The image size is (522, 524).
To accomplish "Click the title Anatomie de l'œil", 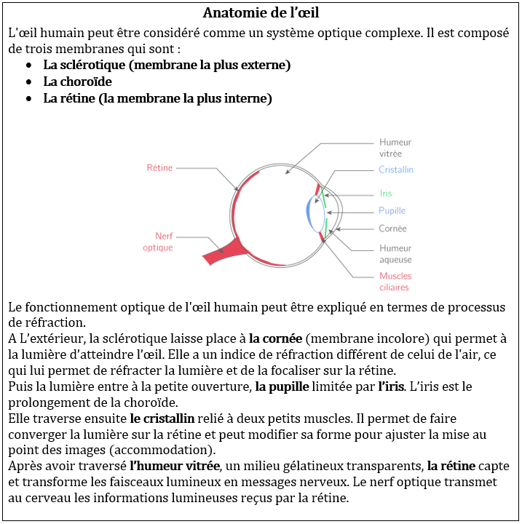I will pos(261,13).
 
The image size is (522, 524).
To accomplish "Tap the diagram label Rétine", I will pos(159,168).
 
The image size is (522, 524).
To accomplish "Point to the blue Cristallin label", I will pos(395,170).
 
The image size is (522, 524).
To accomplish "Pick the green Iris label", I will pos(386,194).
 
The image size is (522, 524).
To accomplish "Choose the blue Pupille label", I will pos(392,211).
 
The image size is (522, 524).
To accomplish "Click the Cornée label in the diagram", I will pos(392,229).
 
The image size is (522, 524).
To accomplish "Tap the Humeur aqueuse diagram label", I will pos(395,253).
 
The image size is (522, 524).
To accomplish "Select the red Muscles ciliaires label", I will pos(395,281).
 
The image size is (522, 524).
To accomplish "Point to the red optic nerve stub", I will pos(222,253).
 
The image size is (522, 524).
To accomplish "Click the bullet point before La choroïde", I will pos(28,82).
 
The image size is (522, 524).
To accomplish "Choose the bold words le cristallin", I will pos(162,418).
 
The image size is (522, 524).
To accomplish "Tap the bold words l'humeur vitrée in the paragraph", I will pos(175,466).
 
